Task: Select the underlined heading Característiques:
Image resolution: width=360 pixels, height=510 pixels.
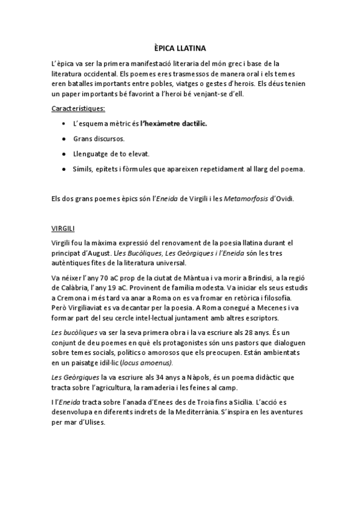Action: coord(79,108)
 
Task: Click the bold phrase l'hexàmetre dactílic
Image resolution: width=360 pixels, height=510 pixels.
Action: coord(173,123)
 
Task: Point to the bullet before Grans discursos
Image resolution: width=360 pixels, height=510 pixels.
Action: coord(64,139)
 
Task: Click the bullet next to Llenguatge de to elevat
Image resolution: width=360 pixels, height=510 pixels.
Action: coord(64,154)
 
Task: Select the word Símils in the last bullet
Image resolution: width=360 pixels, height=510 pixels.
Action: coord(84,169)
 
